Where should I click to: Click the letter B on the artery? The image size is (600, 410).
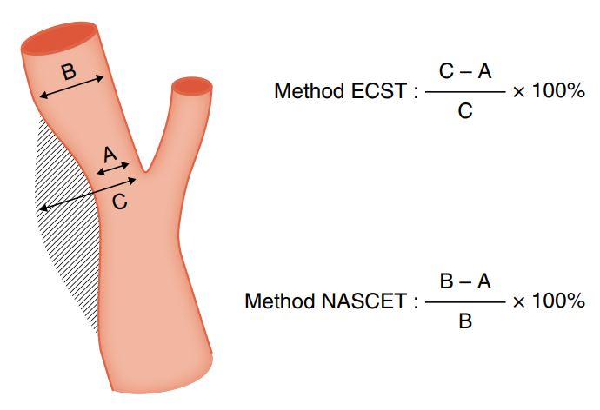click(69, 72)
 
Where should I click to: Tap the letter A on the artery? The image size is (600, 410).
click(110, 155)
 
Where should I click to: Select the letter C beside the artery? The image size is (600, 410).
click(120, 202)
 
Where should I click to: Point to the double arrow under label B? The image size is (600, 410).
click(71, 87)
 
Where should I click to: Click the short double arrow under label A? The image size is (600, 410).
click(113, 169)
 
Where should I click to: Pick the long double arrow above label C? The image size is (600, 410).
click(88, 194)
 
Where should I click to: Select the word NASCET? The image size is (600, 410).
click(363, 301)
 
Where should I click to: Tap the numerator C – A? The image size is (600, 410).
click(465, 71)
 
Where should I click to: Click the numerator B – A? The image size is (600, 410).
click(465, 281)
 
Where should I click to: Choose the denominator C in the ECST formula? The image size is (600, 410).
click(465, 111)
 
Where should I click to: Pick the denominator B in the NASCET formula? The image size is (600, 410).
click(465, 321)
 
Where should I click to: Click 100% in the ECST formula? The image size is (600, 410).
click(558, 91)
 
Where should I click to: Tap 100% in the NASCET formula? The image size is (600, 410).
click(558, 301)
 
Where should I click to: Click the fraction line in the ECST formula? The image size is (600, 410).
click(465, 92)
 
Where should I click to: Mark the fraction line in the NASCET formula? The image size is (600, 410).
click(465, 302)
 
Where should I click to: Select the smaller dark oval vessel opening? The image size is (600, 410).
click(192, 86)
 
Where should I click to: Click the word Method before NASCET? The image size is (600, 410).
click(280, 301)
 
